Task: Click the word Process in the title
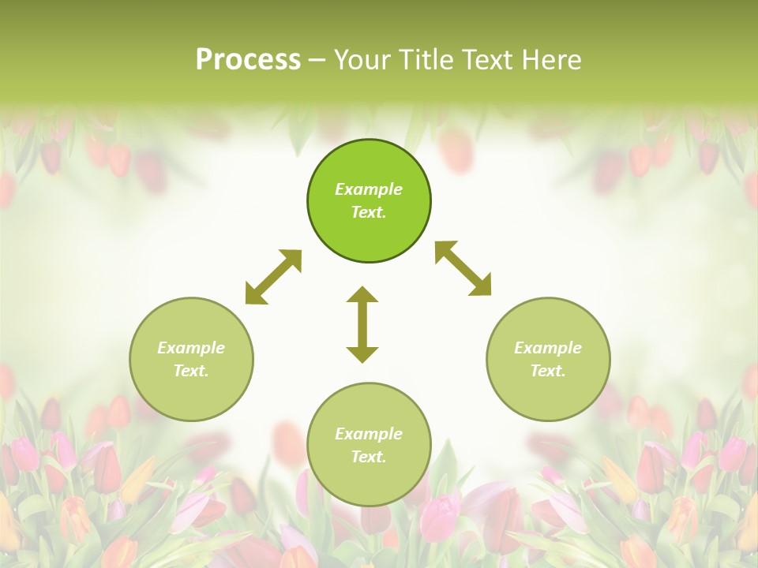[248, 60]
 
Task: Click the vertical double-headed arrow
[362, 325]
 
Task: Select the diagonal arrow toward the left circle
[273, 277]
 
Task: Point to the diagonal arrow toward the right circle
[463, 269]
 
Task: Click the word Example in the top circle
[369, 189]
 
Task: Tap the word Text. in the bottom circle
[369, 457]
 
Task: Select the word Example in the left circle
[191, 348]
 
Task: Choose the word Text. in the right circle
[548, 371]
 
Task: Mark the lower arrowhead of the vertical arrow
[362, 353]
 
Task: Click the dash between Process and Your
[317, 61]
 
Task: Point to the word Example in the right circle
[548, 348]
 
